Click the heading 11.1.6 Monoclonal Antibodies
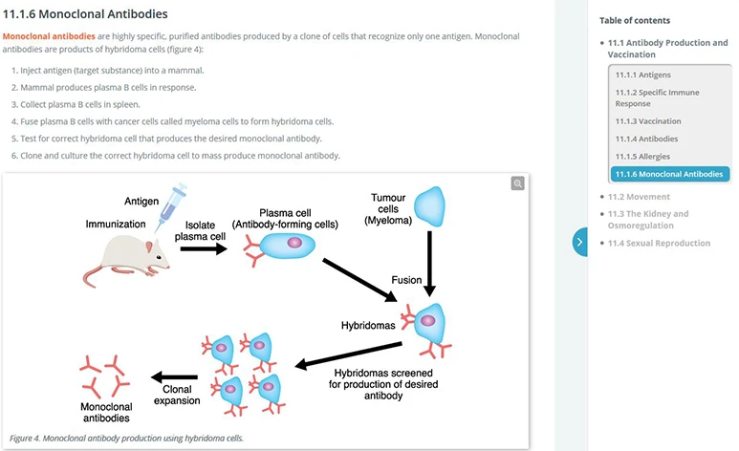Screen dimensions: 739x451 (85, 14)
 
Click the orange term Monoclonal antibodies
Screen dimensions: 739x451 (49, 36)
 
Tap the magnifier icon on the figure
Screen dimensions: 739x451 (517, 183)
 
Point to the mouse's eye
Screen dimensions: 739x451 (160, 257)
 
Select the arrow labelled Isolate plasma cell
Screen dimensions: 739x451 (204, 248)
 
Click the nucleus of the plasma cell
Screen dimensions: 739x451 (294, 243)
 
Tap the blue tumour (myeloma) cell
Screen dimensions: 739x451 (429, 206)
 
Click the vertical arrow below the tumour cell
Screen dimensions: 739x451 (429, 264)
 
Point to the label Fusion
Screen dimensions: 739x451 (406, 280)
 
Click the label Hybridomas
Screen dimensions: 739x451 (368, 325)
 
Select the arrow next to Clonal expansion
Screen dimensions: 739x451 (174, 377)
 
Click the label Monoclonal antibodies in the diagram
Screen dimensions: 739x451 (106, 413)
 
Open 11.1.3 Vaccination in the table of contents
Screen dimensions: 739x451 (648, 121)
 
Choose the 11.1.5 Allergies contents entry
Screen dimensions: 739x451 (642, 157)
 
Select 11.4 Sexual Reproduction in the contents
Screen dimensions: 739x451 (659, 243)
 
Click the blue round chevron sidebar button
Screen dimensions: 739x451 (580, 242)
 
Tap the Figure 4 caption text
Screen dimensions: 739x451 (126, 439)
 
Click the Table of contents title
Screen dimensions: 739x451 (635, 20)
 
